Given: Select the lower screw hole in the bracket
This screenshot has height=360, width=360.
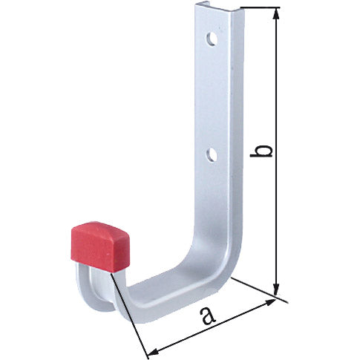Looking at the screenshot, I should (212, 154).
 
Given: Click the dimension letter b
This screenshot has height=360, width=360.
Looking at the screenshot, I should (262, 151).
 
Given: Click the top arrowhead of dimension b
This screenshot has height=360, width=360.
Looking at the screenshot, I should (277, 13).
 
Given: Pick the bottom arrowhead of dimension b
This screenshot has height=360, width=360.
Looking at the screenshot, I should (277, 290).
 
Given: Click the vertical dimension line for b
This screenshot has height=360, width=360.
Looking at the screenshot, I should (277, 89).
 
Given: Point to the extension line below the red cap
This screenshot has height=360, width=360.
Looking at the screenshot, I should (130, 308).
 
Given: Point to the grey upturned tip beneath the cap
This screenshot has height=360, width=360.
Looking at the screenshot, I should (83, 286).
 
